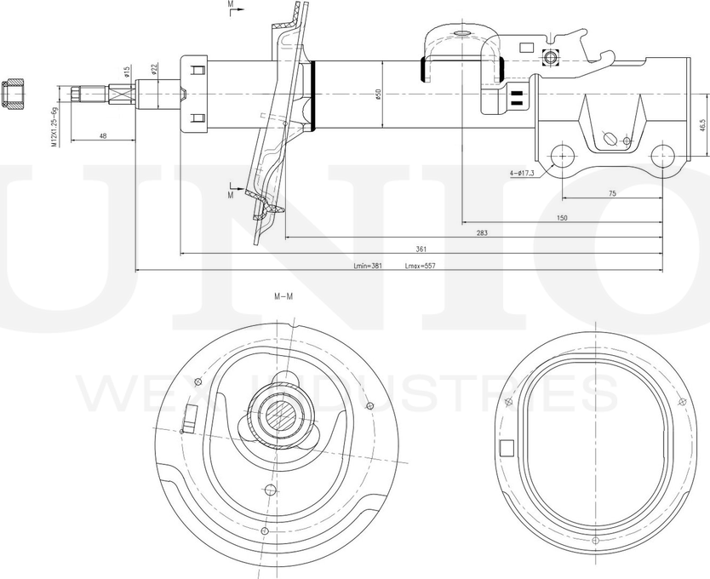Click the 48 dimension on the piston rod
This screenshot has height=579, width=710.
click(x=103, y=135)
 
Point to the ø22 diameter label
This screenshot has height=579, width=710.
click(x=154, y=69)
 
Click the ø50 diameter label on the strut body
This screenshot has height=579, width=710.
click(x=378, y=95)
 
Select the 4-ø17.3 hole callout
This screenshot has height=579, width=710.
click(x=521, y=174)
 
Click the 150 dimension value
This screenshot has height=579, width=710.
click(x=562, y=219)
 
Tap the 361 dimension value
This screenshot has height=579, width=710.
click(x=421, y=249)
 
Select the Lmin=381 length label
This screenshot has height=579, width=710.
click(x=368, y=267)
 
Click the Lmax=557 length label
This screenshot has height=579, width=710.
click(x=420, y=267)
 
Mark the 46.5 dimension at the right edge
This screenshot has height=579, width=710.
click(x=702, y=125)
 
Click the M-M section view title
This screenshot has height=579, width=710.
click(x=283, y=296)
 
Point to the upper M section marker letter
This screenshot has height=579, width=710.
click(x=230, y=5)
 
